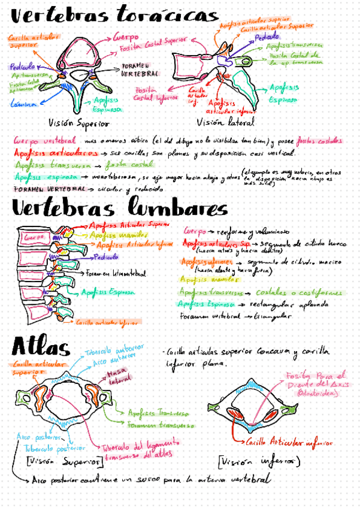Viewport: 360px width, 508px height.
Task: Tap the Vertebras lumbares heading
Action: pyautogui.click(x=120, y=209)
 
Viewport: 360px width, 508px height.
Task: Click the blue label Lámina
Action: pyautogui.click(x=23, y=104)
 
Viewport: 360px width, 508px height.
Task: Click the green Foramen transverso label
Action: pyautogui.click(x=159, y=424)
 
